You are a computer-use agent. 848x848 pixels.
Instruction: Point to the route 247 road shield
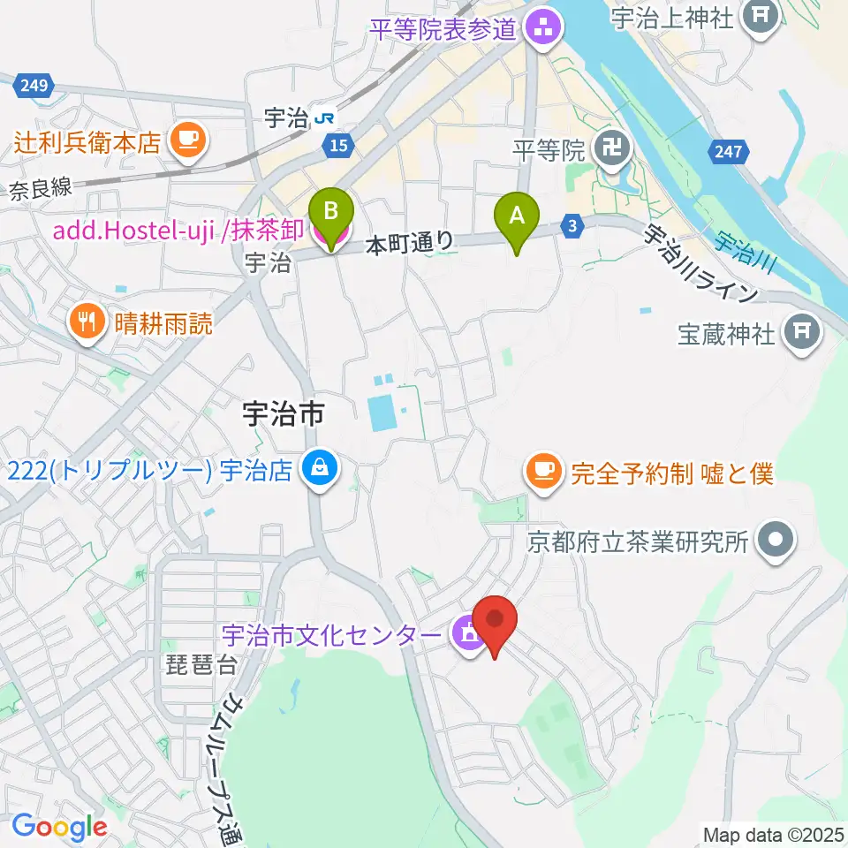point(728,152)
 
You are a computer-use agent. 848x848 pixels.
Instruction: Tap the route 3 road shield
point(572,227)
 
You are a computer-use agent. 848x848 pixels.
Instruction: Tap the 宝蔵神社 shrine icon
point(803,333)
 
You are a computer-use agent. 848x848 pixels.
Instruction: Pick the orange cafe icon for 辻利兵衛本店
point(187,139)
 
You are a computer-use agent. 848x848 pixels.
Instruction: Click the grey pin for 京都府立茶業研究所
point(776,539)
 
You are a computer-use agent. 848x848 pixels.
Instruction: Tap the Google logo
point(59,827)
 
